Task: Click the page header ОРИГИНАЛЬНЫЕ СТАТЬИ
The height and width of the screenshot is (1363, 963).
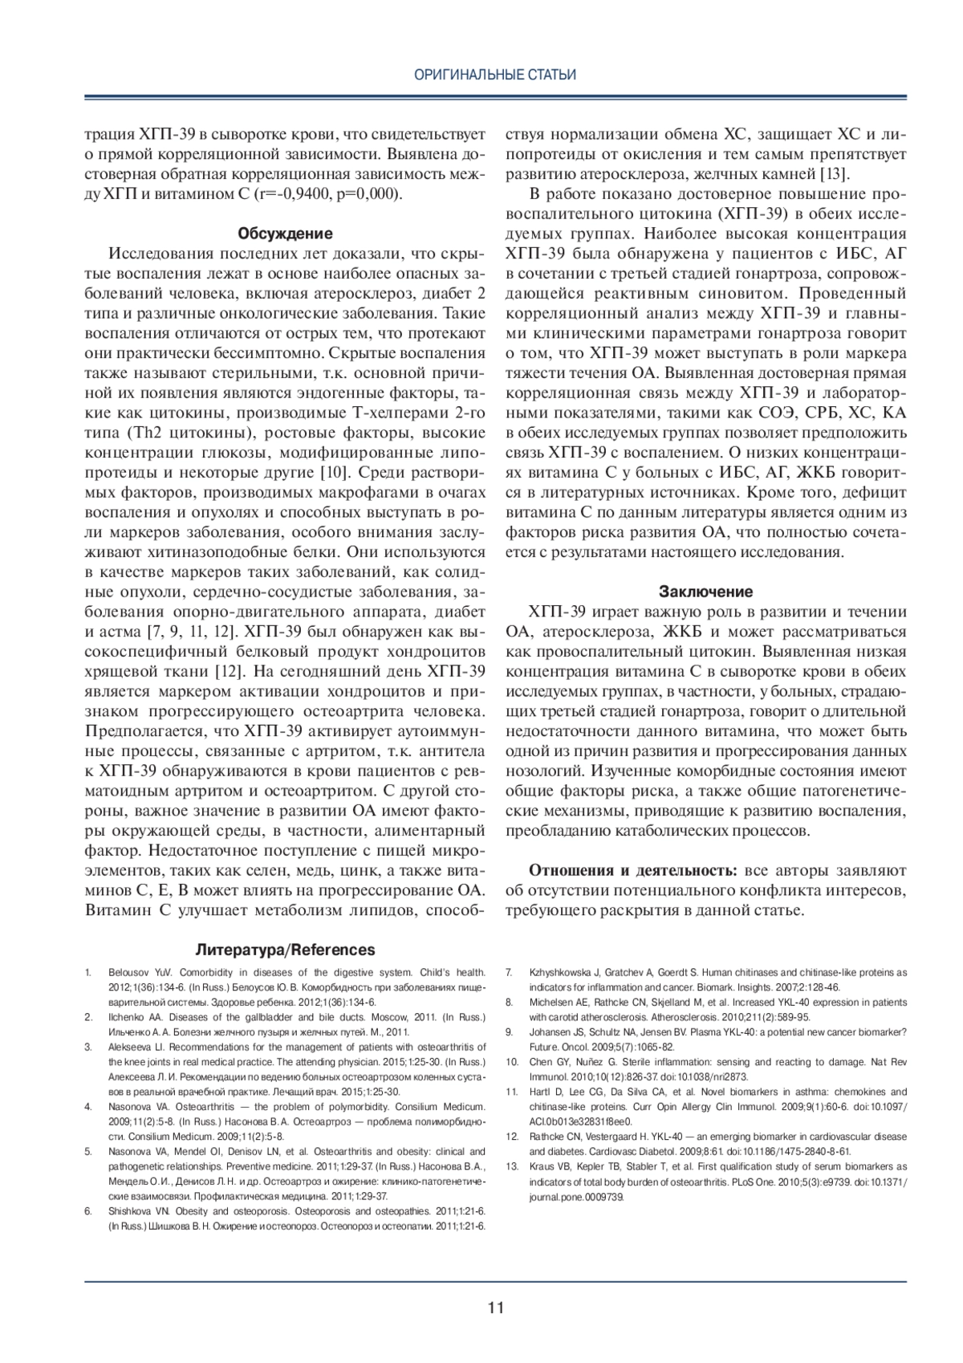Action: [495, 75]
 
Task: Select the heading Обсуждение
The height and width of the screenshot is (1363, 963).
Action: [285, 234]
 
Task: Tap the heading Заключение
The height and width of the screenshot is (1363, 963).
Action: [705, 592]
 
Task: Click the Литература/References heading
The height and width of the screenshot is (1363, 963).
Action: [285, 950]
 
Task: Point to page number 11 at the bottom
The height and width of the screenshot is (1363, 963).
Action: [495, 1307]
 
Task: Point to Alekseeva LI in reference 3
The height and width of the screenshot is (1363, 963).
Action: [132, 1047]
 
